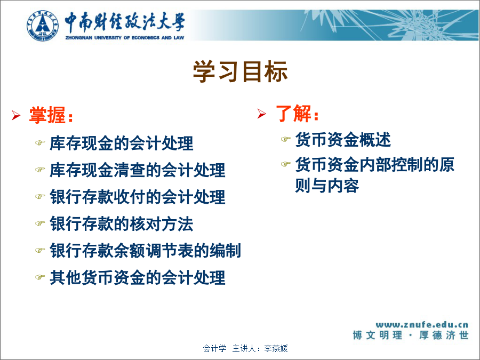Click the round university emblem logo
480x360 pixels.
click(43, 26)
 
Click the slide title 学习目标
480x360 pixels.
click(241, 71)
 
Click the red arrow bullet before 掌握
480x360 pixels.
click(16, 115)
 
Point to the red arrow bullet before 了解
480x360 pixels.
click(262, 114)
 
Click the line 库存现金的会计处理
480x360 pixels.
click(122, 143)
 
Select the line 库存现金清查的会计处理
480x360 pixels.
click(138, 170)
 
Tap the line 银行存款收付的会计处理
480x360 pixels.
click(138, 197)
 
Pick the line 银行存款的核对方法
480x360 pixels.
click(122, 224)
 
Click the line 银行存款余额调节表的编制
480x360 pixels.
click(146, 251)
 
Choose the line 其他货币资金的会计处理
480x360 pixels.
click(138, 278)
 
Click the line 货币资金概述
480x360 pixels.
click(343, 140)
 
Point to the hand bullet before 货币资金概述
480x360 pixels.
click(285, 139)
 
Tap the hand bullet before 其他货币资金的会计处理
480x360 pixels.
click(40, 277)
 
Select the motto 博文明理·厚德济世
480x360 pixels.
click(411, 335)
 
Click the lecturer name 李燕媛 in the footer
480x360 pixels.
click(276, 348)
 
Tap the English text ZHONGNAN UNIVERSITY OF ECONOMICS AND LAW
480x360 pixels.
click(125, 38)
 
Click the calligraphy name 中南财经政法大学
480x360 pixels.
click(125, 22)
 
